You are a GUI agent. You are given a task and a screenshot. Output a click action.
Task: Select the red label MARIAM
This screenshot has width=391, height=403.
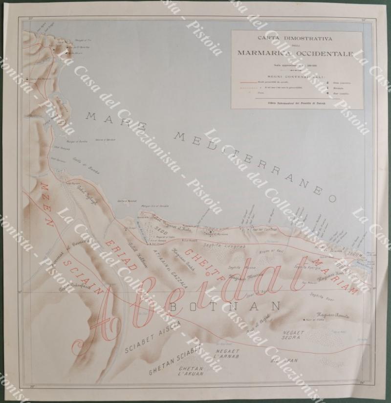click(337, 277)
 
